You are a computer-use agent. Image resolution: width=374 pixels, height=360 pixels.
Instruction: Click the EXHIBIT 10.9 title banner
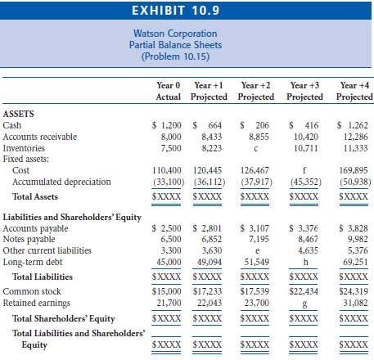187,11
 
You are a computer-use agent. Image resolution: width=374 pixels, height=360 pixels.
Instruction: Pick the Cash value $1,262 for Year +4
354,126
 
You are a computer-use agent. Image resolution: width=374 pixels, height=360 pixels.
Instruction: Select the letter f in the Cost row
304,170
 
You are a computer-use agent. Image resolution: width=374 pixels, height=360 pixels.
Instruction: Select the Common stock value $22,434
304,290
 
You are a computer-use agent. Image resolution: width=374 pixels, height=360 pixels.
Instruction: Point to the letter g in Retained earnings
304,302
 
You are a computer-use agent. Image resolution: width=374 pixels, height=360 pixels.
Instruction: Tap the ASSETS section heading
20,115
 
